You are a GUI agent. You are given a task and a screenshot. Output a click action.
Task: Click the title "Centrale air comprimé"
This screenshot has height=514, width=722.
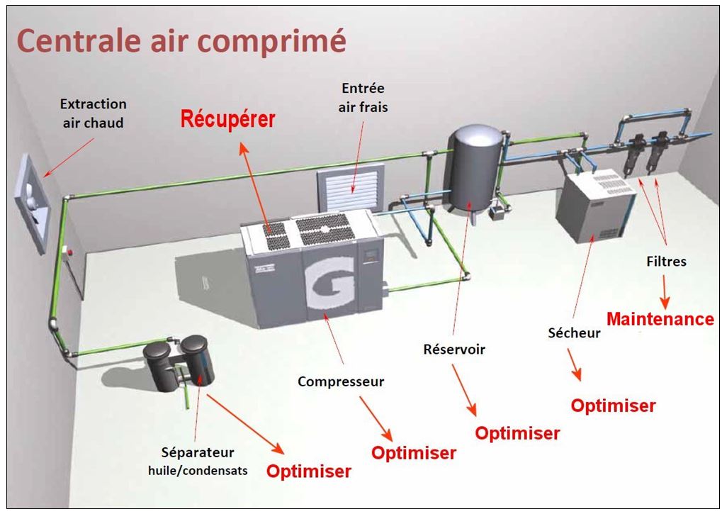(181, 40)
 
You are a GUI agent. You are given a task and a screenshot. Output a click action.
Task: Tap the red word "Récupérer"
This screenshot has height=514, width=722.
(227, 120)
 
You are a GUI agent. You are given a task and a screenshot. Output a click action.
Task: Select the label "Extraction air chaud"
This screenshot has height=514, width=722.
(92, 113)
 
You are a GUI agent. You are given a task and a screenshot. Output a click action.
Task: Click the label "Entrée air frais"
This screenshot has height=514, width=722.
(363, 98)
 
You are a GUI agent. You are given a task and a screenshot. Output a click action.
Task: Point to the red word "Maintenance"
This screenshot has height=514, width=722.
(660, 319)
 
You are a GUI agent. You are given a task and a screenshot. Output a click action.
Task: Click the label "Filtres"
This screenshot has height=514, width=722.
(666, 262)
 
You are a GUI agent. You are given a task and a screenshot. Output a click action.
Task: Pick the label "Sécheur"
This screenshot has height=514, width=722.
(575, 333)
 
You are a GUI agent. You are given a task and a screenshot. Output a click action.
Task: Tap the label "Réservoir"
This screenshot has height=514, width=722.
(454, 350)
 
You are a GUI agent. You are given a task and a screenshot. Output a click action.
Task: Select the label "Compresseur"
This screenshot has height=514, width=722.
(341, 381)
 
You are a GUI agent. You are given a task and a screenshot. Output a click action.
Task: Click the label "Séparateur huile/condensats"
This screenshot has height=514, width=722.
(198, 460)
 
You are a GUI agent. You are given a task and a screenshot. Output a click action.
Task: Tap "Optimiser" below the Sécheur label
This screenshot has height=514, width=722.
(613, 406)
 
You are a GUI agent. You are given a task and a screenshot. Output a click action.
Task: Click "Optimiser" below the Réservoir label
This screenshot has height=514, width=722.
(517, 433)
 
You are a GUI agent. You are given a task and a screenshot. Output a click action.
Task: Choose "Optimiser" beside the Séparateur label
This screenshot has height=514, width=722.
(308, 471)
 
